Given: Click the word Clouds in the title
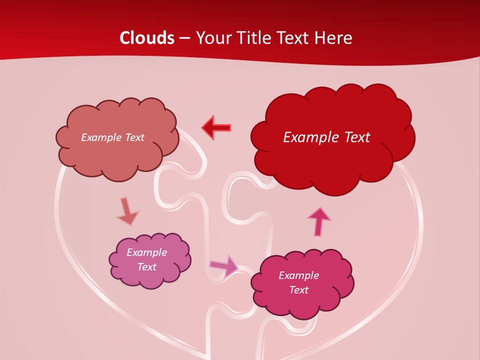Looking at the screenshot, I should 147,38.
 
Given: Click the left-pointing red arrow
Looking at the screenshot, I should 216,127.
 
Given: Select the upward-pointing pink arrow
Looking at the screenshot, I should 319,221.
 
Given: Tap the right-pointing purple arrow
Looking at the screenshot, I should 224,265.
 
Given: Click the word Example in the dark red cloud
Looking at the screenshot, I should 310,137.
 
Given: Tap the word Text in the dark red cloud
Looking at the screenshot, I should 355,137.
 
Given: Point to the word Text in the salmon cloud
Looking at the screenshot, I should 134,137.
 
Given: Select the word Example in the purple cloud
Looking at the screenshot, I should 147,252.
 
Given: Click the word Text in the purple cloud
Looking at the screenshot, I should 147,267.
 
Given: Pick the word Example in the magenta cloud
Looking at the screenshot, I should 299,275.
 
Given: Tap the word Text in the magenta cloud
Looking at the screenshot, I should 299,290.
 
